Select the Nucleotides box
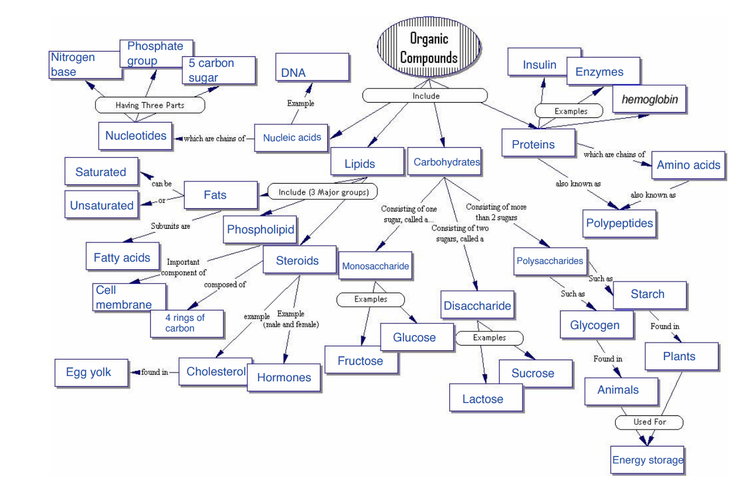pyautogui.click(x=135, y=136)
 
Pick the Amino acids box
pyautogui.click(x=688, y=165)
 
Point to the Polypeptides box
pyautogui.click(x=619, y=224)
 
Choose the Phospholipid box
pyautogui.click(x=260, y=229)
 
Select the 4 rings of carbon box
pyautogui.click(x=187, y=323)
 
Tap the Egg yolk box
pyautogui.click(x=91, y=373)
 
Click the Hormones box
pyautogui.click(x=284, y=377)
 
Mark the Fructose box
pyautogui.click(x=361, y=361)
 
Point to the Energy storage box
pyautogui.click(x=647, y=459)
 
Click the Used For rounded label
pyautogui.click(x=649, y=422)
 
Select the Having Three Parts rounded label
pyautogui.click(x=150, y=106)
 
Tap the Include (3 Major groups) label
pyautogui.click(x=323, y=192)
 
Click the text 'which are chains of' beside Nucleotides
pyautogui.click(x=214, y=139)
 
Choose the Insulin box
pyautogui.click(x=540, y=65)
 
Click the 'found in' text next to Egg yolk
pyautogui.click(x=154, y=372)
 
